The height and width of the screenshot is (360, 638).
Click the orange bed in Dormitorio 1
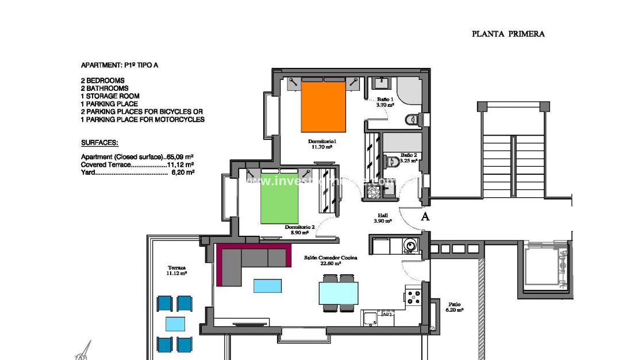(x=324, y=107)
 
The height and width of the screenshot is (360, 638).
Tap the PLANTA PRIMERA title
(x=508, y=34)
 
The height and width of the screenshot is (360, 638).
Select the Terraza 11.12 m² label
(x=177, y=271)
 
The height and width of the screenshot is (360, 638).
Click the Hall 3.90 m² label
(x=383, y=218)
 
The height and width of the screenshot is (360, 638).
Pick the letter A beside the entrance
(x=425, y=216)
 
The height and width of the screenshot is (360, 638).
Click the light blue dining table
(x=339, y=293)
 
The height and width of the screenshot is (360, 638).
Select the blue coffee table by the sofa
(x=267, y=285)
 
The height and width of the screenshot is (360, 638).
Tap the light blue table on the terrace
(x=175, y=324)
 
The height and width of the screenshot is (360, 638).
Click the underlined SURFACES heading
(x=99, y=142)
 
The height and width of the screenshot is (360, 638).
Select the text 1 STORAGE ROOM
(x=110, y=96)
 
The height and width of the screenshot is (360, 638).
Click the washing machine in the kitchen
(x=410, y=246)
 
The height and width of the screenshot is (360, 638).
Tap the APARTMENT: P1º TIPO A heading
(x=119, y=66)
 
